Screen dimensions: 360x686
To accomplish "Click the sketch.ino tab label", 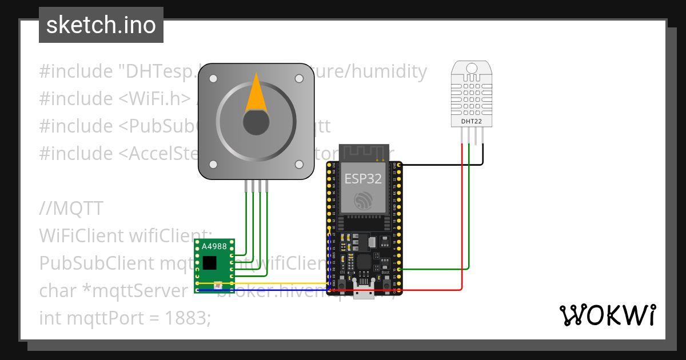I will pos(101,25).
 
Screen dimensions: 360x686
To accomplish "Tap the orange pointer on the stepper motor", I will pos(256,96).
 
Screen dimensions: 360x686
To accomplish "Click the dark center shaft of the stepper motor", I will pos(256,122).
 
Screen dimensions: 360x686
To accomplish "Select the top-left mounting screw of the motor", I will pos(213,78).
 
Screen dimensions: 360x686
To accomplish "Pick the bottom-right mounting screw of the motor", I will pos(298,165).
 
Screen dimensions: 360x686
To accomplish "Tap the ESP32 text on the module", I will pos(363,178).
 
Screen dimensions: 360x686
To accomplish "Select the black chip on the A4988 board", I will pos(210,262).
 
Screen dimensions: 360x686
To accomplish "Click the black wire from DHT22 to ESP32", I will pos(440,165).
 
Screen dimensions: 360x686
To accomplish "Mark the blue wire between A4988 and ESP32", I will pos(263,291).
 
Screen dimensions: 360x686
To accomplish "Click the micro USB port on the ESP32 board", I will pos(363,293).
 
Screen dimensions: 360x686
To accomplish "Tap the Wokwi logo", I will pos(607,315).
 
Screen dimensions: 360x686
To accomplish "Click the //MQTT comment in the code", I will pos(71,209).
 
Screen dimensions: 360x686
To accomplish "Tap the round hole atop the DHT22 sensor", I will pos(472,69).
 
